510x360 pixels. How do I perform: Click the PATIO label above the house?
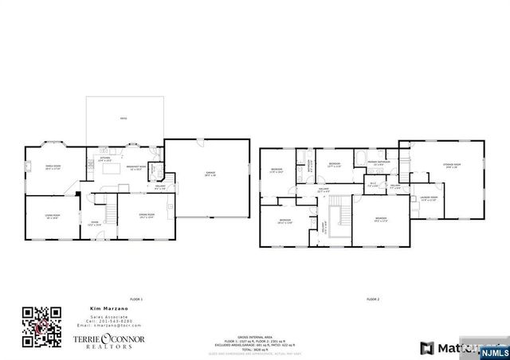[x=124, y=119]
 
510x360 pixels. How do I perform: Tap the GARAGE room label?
[x=210, y=173]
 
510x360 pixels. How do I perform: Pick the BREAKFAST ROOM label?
[x=135, y=167]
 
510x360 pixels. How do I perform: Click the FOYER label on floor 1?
[x=94, y=223]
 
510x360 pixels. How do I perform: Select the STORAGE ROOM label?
[x=452, y=166]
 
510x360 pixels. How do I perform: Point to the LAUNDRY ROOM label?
[x=430, y=199]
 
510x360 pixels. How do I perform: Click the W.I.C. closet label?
[x=372, y=184]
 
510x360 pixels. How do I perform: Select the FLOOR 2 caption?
[x=373, y=299]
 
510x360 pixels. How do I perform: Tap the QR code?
[x=42, y=327]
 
